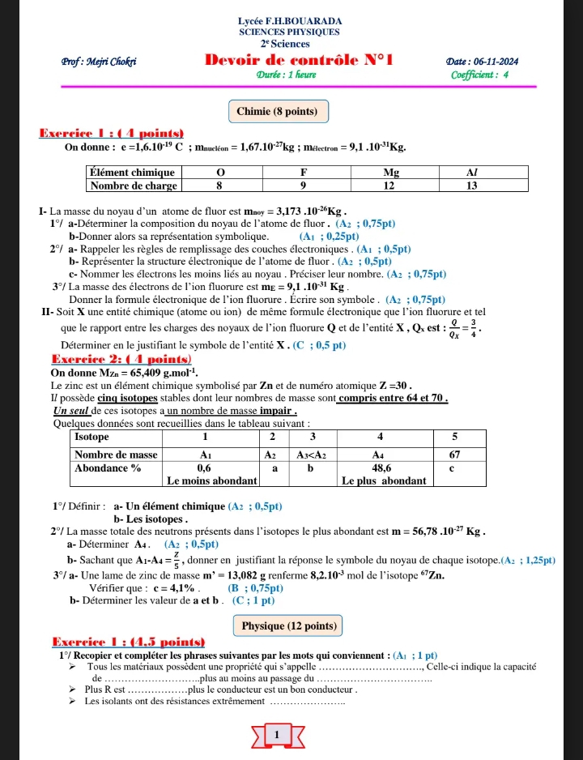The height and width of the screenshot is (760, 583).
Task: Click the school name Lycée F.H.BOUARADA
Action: (x=291, y=20)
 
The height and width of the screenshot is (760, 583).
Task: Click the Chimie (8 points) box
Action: (x=278, y=111)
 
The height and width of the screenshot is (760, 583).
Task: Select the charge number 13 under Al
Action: (x=473, y=186)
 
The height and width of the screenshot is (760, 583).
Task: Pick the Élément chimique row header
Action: (x=133, y=173)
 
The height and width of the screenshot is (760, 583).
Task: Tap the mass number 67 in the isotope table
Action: (x=455, y=454)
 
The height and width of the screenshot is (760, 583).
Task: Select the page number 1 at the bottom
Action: (x=278, y=734)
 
